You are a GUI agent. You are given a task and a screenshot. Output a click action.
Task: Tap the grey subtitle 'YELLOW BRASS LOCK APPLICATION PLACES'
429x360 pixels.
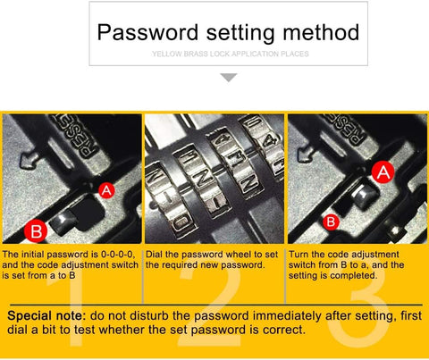[230, 54]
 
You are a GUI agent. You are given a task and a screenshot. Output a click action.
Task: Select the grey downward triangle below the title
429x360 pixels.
[229, 79]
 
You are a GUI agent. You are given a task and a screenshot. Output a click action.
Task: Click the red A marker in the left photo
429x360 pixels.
[105, 189]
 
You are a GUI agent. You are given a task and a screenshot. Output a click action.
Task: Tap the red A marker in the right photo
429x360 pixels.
[383, 173]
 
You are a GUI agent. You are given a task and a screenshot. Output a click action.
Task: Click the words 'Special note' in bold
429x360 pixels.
[47, 316]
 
